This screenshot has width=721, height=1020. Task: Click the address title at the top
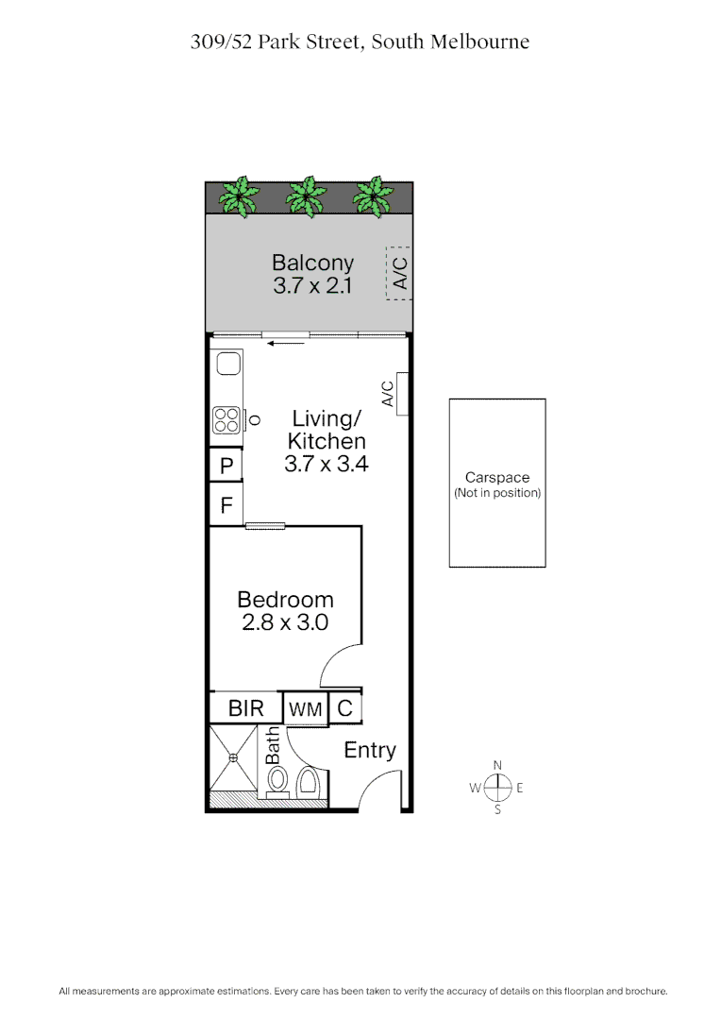pos(360,42)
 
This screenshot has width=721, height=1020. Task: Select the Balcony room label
pos(312,263)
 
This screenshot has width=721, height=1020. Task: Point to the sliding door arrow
pos(287,344)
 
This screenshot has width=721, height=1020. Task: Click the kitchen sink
pos(226,363)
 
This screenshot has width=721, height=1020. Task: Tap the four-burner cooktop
pos(226,419)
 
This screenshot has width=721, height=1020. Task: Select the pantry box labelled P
pos(226,466)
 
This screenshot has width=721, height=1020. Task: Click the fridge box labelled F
pos(226,505)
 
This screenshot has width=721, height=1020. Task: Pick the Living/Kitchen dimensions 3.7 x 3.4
pos(326,464)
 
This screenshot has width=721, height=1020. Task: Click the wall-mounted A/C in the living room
pos(401,394)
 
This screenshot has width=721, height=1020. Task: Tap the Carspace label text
pos(497,478)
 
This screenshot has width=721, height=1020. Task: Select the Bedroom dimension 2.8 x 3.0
pos(285,623)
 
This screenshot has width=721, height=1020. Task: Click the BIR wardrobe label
pos(245,708)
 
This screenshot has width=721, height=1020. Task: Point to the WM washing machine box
pos(306,708)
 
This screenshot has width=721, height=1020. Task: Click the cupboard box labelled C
pos(344,707)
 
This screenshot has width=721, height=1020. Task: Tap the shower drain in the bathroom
pos(231,757)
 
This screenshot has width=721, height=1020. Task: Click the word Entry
pos(370,750)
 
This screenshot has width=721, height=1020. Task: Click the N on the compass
pos(497,766)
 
